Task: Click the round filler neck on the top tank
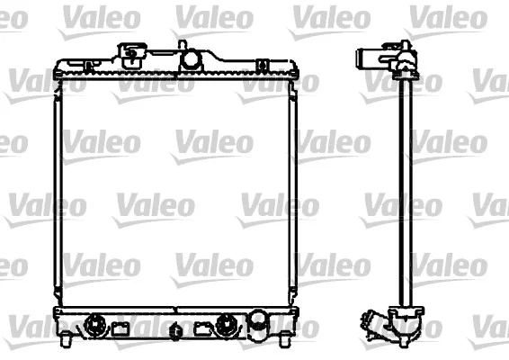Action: coord(192,58)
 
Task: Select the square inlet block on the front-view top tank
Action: coord(132,55)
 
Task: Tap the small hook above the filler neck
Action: coord(183,44)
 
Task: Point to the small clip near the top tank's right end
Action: coord(263,66)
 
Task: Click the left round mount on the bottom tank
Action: coord(95,324)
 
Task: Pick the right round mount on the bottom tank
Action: coord(227,324)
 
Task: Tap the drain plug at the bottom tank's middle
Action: coord(175,331)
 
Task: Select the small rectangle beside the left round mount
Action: coord(121,328)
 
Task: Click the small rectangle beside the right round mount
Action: coord(202,328)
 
